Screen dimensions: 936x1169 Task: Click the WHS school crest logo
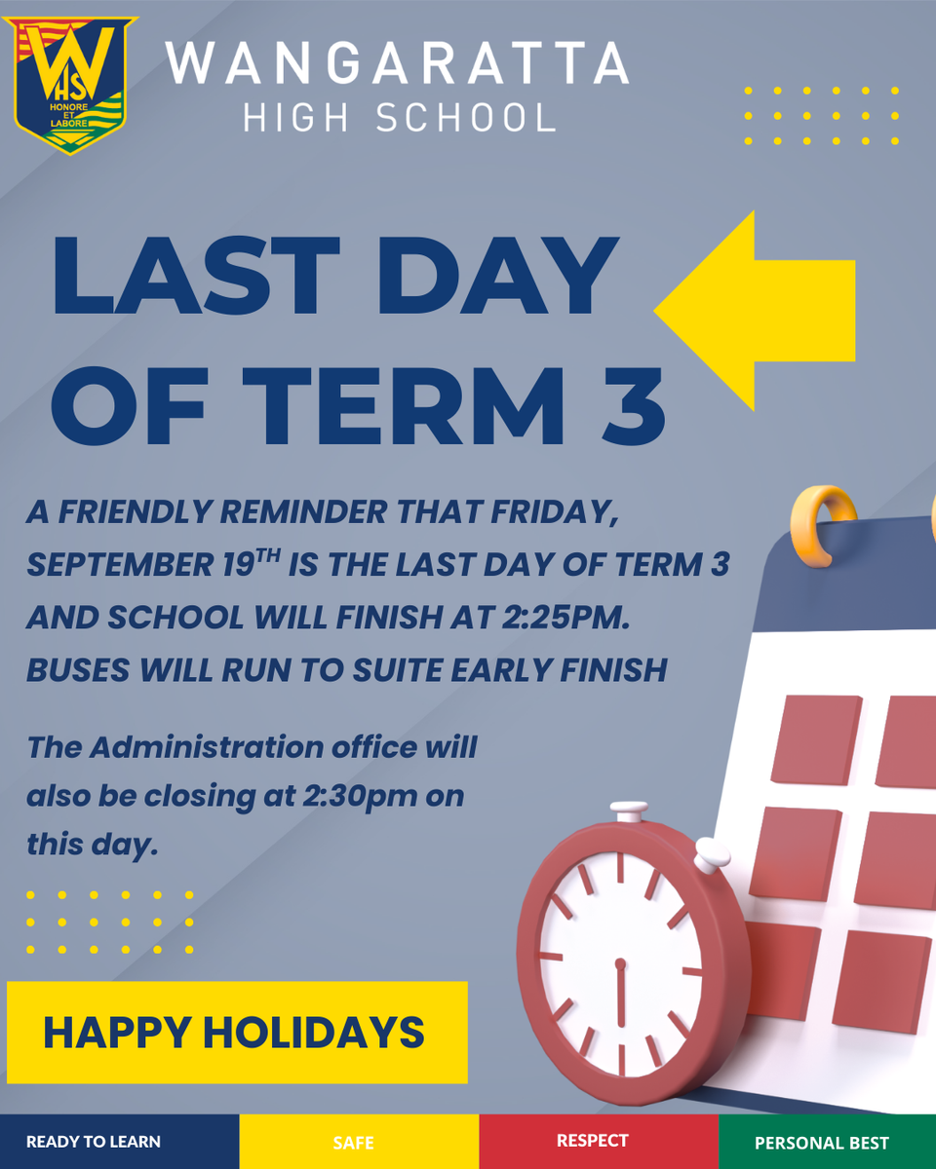click(x=69, y=85)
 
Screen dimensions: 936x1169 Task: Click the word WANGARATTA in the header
click(x=398, y=63)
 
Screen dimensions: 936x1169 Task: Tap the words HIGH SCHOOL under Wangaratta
click(x=400, y=118)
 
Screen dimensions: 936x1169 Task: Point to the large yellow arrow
click(x=755, y=311)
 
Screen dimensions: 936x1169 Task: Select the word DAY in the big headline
click(x=497, y=276)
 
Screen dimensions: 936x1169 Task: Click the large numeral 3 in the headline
click(x=633, y=406)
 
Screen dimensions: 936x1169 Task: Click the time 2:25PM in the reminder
click(x=565, y=618)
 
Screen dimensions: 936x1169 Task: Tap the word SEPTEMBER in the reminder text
click(x=120, y=565)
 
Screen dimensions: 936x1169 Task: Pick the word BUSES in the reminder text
click(x=78, y=670)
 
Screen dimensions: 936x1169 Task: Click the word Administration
click(x=208, y=747)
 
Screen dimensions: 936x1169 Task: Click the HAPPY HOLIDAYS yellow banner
click(x=237, y=1032)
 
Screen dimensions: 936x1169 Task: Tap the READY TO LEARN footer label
click(x=94, y=1142)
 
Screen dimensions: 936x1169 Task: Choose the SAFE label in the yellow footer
click(x=354, y=1143)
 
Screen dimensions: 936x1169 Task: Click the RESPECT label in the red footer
click(x=593, y=1140)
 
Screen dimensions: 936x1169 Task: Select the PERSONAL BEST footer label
click(x=822, y=1143)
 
